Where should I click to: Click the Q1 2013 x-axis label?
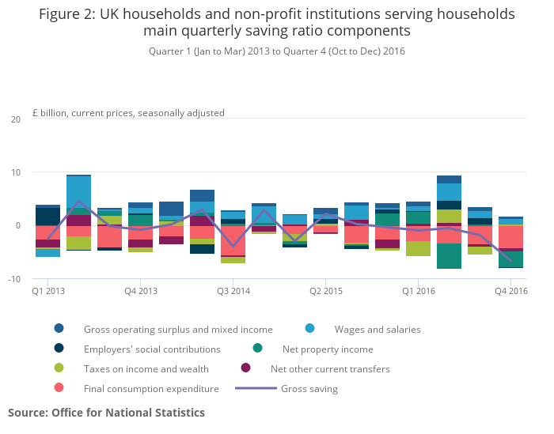click(48, 291)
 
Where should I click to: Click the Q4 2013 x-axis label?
click(141, 291)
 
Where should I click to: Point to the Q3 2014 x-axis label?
click(233, 291)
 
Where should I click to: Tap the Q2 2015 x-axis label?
click(326, 291)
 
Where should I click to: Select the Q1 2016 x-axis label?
click(419, 291)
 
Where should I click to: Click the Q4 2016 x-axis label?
click(511, 291)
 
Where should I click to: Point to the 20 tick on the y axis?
click(16, 119)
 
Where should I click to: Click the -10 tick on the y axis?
click(14, 279)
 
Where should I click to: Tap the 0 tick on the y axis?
click(18, 226)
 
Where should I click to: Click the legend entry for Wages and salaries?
click(377, 329)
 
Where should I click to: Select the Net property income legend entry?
click(327, 349)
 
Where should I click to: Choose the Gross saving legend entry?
click(309, 388)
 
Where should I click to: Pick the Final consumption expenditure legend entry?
click(151, 388)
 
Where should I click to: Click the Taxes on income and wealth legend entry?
click(146, 368)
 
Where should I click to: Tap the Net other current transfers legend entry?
click(330, 368)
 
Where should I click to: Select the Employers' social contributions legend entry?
click(152, 349)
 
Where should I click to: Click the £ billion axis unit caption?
click(128, 113)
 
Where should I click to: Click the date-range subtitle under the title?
click(277, 51)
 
